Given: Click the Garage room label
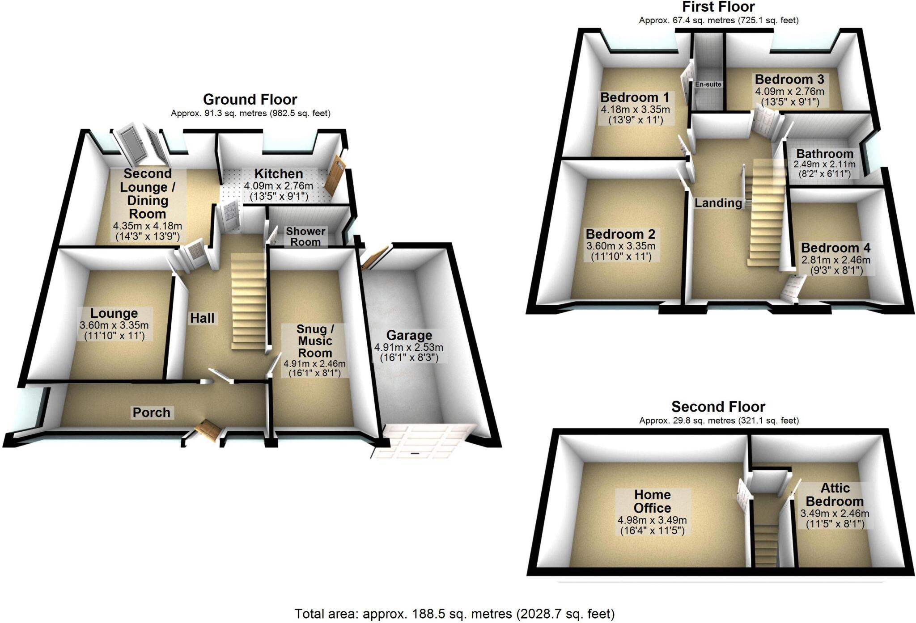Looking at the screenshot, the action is click(409, 335).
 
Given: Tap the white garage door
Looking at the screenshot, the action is click(423, 441).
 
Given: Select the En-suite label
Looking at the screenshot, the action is click(708, 84).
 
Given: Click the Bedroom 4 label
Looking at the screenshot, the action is click(835, 248).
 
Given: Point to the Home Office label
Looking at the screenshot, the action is click(652, 501).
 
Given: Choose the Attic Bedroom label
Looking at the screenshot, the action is click(835, 494).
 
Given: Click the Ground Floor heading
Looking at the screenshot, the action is click(250, 99).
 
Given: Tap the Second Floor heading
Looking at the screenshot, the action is click(718, 407).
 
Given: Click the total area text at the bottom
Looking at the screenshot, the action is click(454, 614).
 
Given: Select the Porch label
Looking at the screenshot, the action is click(151, 412).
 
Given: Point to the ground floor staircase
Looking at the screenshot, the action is click(248, 302).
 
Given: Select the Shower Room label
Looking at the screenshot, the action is click(305, 236).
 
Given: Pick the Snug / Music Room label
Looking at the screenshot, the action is click(315, 341).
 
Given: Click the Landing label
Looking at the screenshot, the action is click(718, 203).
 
